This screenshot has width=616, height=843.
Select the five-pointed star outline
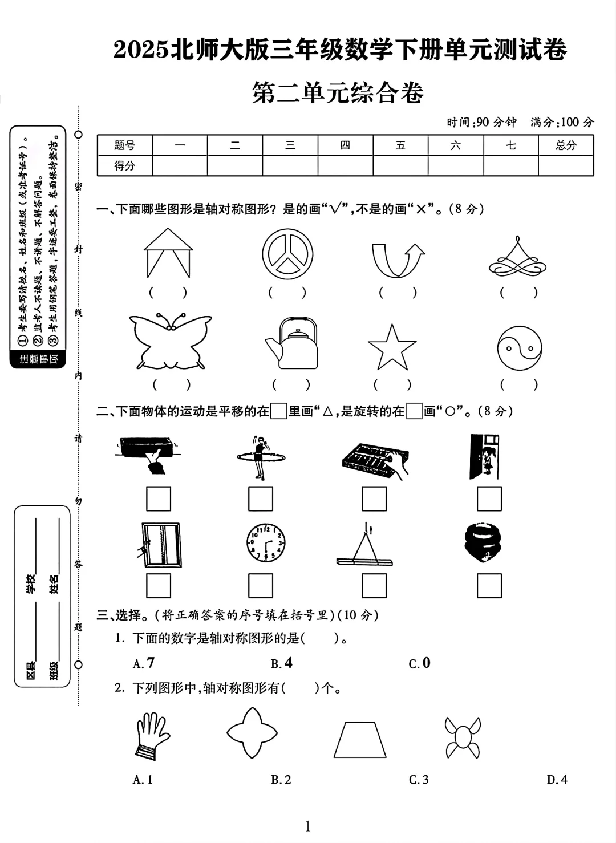pyautogui.click(x=392, y=348)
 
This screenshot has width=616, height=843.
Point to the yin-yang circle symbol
pyautogui.click(x=519, y=348)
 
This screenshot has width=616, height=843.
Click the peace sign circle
pyautogui.click(x=287, y=254)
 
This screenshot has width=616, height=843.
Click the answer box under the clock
pyautogui.click(x=261, y=585)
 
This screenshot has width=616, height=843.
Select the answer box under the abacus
pyautogui.click(x=374, y=498)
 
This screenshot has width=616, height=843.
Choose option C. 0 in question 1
pyautogui.click(x=420, y=663)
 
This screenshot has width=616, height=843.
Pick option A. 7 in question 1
pyautogui.click(x=144, y=663)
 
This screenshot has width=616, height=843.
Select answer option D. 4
pyautogui.click(x=557, y=780)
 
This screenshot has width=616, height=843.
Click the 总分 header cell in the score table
pyautogui.click(x=566, y=145)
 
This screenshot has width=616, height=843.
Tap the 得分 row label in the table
pyautogui.click(x=124, y=166)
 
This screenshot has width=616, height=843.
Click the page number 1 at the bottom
pyautogui.click(x=308, y=826)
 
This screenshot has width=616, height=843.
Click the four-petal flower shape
pyautogui.click(x=252, y=733)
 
